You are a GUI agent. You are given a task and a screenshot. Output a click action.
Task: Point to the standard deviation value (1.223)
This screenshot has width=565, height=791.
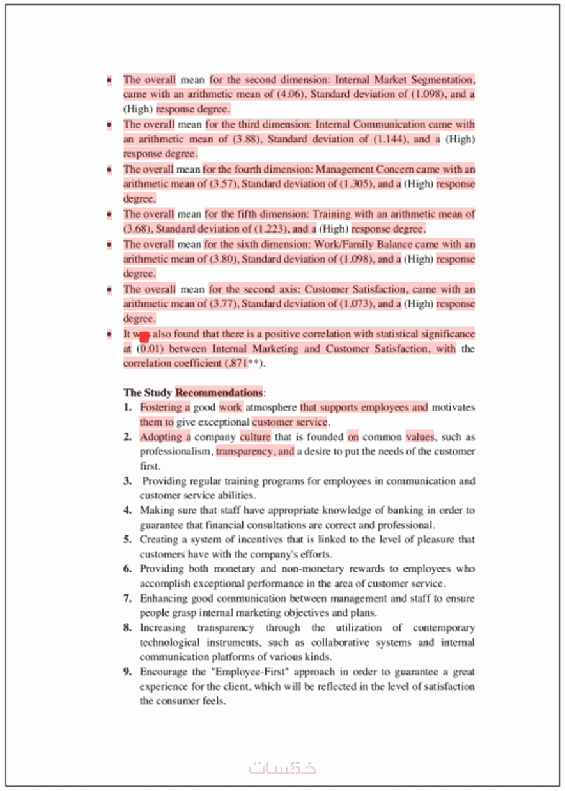point(272,229)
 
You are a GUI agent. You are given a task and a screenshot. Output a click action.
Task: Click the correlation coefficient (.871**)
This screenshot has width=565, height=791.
point(244,364)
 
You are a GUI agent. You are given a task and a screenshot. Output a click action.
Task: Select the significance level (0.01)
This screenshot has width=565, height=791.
point(150,349)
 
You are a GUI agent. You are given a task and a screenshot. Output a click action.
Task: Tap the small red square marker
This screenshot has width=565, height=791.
point(144,337)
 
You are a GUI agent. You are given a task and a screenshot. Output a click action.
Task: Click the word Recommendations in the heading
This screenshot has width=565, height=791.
point(219,392)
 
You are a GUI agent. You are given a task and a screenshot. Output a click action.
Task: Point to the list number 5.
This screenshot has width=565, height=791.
point(128,540)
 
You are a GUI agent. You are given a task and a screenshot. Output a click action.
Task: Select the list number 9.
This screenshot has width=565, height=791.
point(128,672)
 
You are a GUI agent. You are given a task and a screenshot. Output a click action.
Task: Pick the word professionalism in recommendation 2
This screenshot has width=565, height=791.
point(176,452)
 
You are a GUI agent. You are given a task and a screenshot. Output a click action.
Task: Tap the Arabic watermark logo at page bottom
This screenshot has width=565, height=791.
point(282,768)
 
